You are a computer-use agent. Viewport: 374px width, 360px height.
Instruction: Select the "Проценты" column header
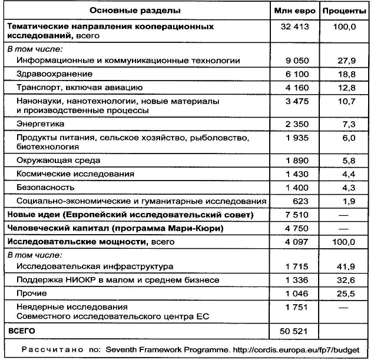click(x=346, y=11)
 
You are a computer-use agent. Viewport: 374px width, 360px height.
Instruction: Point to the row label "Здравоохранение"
click(x=55, y=74)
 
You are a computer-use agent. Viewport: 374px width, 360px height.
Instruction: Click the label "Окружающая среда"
click(x=58, y=160)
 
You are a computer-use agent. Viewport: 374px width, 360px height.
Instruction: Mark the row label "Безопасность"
click(x=47, y=187)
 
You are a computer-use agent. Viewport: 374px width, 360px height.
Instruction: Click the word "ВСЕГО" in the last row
click(x=20, y=331)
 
